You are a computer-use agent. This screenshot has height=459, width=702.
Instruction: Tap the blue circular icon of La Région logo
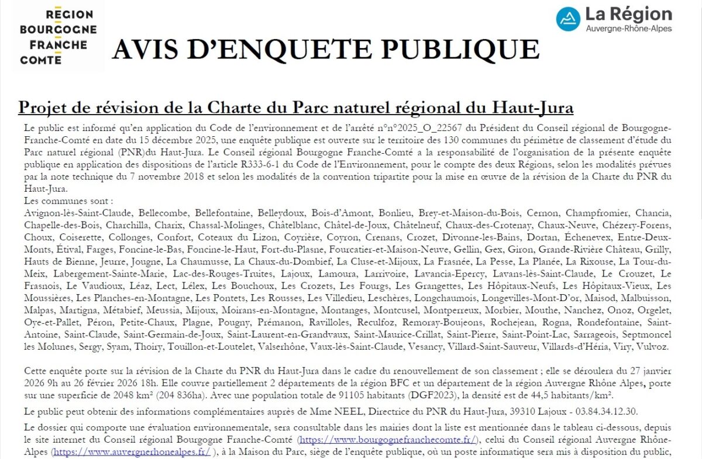tap(568, 19)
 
